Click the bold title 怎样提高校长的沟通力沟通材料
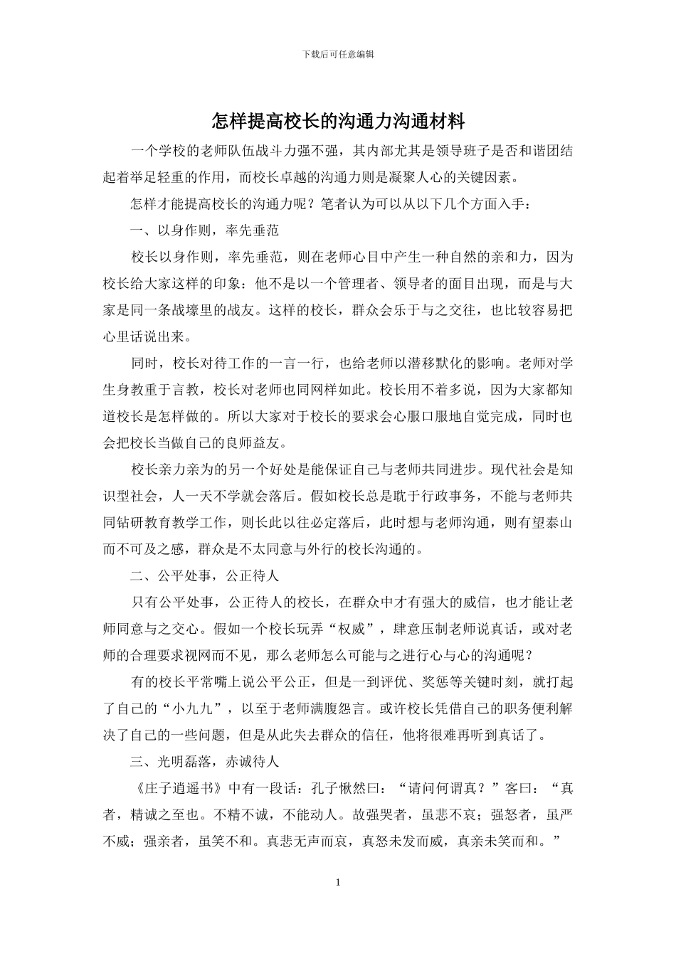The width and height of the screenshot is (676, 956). tap(338, 121)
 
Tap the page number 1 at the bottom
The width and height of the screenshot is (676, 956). tap(338, 883)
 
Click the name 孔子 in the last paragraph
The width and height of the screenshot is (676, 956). tap(327, 788)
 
